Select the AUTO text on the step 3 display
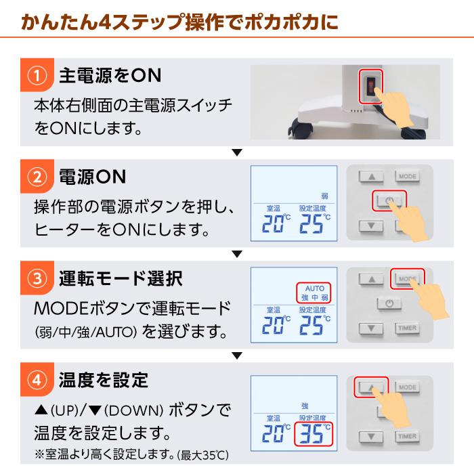coord(315,288)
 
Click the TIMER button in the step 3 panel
coord(407,328)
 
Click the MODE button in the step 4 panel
coord(407,387)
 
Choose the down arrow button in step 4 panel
coord(371,436)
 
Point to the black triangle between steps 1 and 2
coord(236,152)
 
